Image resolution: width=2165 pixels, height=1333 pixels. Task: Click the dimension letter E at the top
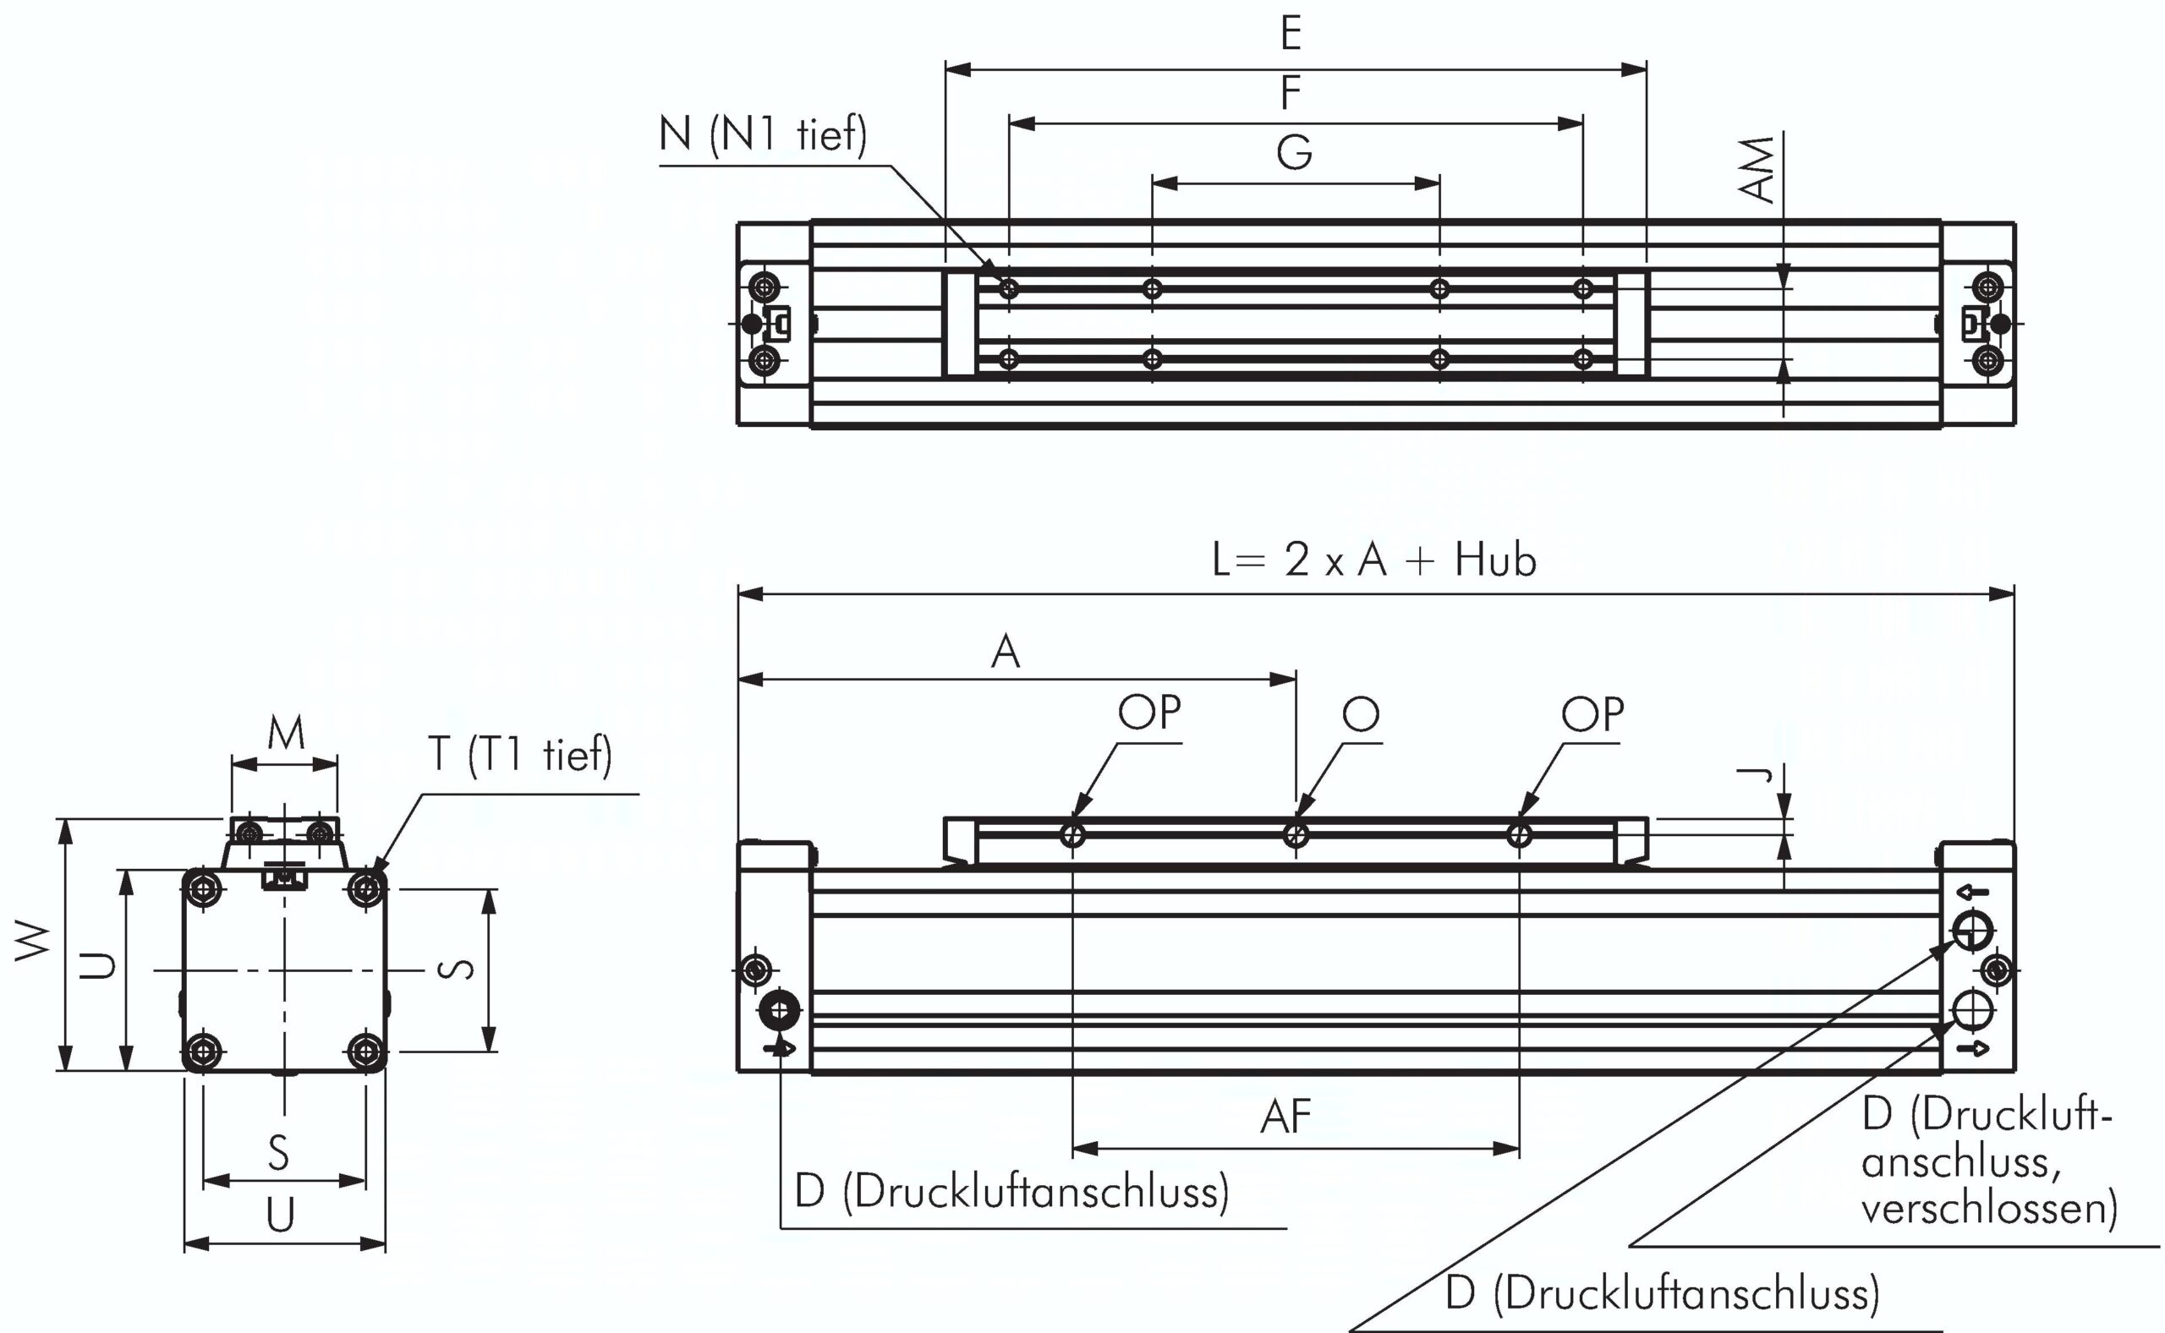[x=1291, y=34]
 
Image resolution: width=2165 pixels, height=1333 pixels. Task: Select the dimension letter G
[x=1294, y=152]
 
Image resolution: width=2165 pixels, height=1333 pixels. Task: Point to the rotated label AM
[x=1759, y=169]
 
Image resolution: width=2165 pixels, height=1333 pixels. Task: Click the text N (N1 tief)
[x=763, y=135]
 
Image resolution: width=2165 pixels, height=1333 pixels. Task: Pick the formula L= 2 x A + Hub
[x=1375, y=560]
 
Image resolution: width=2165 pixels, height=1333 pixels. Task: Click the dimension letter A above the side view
[x=1006, y=652]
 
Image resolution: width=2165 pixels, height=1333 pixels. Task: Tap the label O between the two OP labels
[x=1361, y=713]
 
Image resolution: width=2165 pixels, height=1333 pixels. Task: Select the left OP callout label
[x=1149, y=713]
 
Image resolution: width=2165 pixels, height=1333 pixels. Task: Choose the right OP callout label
[x=1592, y=714]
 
